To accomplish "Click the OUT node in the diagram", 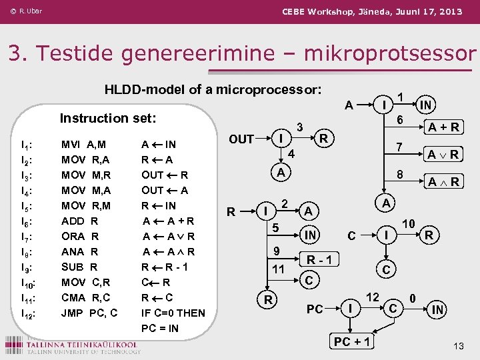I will [x=241, y=139].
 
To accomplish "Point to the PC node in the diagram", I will [x=315, y=309].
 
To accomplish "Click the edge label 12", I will [x=373, y=295].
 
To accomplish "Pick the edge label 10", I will [x=409, y=224].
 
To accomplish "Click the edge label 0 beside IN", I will [x=414, y=298].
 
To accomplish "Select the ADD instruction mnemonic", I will [x=73, y=221].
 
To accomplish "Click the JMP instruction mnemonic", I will [x=73, y=313].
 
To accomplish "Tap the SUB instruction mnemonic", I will [x=73, y=267].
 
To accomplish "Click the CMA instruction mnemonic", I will [x=73, y=297].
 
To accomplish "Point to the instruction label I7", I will [x=28, y=237].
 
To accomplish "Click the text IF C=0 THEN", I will [x=173, y=313].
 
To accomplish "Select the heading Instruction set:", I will [x=108, y=118].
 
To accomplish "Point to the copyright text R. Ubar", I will [x=27, y=11].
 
